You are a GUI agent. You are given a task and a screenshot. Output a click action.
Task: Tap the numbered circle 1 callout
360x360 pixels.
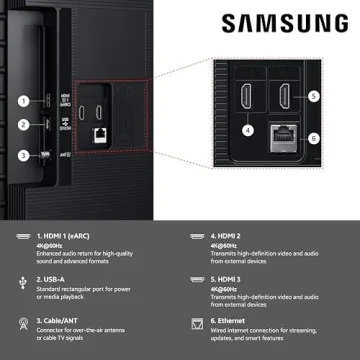pos(22,100)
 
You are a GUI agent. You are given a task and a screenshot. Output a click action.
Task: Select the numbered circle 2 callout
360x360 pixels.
pos(22,125)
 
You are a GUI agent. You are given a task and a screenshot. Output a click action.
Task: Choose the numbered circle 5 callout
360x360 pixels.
pos(313,97)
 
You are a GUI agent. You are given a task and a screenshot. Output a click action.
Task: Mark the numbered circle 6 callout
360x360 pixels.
pos(313,138)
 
